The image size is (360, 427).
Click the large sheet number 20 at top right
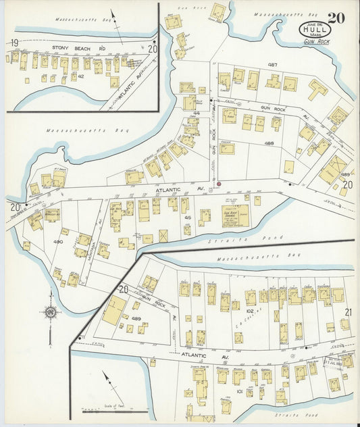point(336,18)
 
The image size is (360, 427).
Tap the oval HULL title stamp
point(312,30)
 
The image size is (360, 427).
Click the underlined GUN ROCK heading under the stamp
point(315,42)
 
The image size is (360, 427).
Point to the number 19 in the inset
point(13,43)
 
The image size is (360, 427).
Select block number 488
point(269,143)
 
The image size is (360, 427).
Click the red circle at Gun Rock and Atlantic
point(219,183)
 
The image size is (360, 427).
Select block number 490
point(58,241)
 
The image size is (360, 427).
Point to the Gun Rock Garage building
point(235,216)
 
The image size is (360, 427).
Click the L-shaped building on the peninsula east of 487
point(317,88)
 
